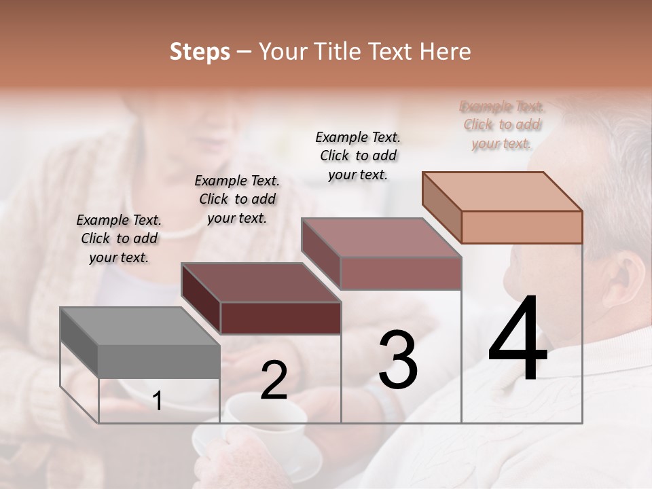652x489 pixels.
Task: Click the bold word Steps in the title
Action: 200,52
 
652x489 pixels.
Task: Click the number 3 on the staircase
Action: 398,360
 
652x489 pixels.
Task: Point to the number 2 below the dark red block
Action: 274,380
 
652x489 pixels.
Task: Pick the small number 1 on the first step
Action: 158,401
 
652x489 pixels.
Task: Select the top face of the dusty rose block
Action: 381,238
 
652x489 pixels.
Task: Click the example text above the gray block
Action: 119,238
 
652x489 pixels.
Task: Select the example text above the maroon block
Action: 237,199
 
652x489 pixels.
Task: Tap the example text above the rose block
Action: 358,156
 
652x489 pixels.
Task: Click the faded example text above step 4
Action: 502,125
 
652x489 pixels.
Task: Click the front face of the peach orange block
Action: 522,227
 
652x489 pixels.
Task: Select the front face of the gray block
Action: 159,361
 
